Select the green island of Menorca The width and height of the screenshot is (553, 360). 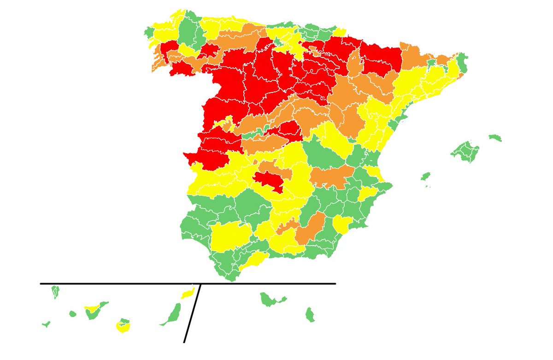(x=495, y=137)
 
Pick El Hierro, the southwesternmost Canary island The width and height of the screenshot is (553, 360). (x=46, y=324)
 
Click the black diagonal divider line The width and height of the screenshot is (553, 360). (x=193, y=313)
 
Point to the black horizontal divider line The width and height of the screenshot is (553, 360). (x=115, y=283)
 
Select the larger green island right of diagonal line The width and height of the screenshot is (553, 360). (x=271, y=300)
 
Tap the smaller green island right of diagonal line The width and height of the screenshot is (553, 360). (x=310, y=315)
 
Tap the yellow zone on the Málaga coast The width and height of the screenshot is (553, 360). (x=253, y=260)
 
